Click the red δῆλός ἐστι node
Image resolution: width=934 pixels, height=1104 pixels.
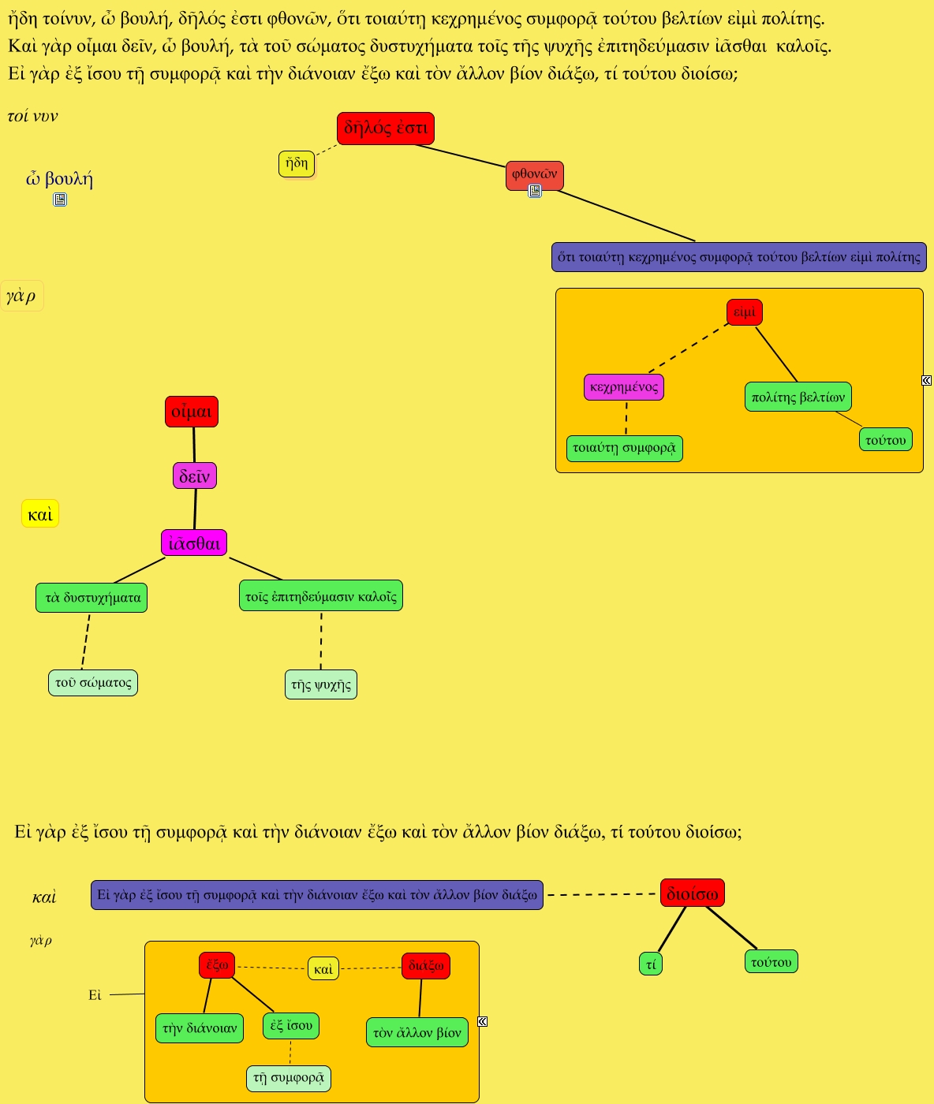[x=385, y=129]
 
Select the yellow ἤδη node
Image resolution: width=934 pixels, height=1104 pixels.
[x=297, y=164]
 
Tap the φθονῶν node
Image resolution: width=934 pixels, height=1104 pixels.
[x=534, y=174]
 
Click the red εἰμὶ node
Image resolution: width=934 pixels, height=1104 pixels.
[x=744, y=312]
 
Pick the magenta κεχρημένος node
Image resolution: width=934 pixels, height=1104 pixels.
[x=624, y=387]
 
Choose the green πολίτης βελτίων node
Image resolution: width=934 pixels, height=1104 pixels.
[x=798, y=397]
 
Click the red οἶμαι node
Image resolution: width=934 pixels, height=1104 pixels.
[x=191, y=412]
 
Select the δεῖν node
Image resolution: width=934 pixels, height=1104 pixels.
[x=194, y=476]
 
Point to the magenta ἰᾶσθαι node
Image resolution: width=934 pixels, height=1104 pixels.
[x=194, y=543]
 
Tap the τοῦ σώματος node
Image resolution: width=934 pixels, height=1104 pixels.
[x=93, y=683]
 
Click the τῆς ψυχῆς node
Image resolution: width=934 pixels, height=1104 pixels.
[x=320, y=684]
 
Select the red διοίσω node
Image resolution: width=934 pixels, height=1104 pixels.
[x=692, y=893]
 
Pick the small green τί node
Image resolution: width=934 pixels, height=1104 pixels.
[x=651, y=964]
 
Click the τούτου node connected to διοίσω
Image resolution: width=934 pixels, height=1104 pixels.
[x=771, y=962]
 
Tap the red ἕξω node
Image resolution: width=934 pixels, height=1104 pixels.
[x=217, y=965]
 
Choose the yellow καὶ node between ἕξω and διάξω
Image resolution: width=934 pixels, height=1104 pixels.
[x=323, y=968]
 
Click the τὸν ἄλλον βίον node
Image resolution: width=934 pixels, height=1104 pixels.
[x=417, y=1032]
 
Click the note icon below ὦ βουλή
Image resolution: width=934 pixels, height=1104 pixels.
[x=60, y=200]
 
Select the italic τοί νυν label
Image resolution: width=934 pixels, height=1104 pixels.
[x=32, y=117]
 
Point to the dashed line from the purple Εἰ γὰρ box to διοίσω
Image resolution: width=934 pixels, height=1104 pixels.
[x=601, y=894]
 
